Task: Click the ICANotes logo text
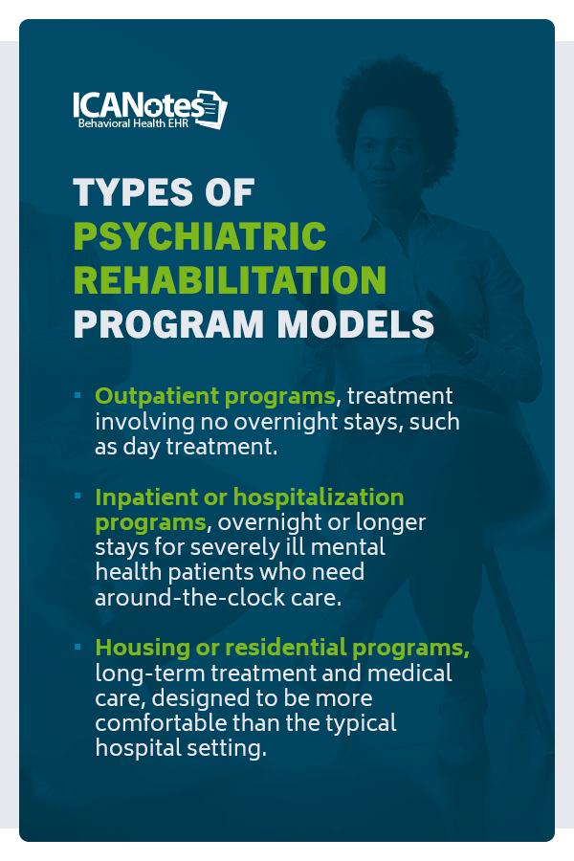pyautogui.click(x=139, y=104)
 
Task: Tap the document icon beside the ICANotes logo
pyautogui.click(x=211, y=109)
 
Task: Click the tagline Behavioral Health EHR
pyautogui.click(x=133, y=123)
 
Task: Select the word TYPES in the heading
pyautogui.click(x=133, y=192)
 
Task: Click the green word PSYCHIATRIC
pyautogui.click(x=200, y=236)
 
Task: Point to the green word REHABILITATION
pyautogui.click(x=230, y=280)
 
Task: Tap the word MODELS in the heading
pyautogui.click(x=355, y=324)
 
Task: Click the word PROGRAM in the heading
pyautogui.click(x=168, y=324)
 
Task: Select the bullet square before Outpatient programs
pyautogui.click(x=78, y=395)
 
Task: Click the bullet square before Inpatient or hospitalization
pyautogui.click(x=78, y=496)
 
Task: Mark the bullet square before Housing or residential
pyautogui.click(x=78, y=647)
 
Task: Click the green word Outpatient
pyautogui.click(x=157, y=396)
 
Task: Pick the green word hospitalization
pyautogui.click(x=319, y=497)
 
